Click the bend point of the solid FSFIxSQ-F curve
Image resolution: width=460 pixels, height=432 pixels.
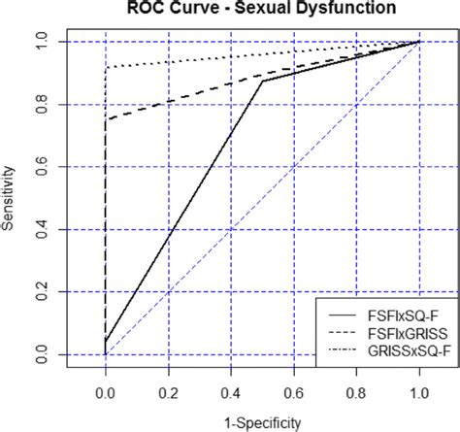[262, 82]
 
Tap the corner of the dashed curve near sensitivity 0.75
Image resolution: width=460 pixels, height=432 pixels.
[106, 119]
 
